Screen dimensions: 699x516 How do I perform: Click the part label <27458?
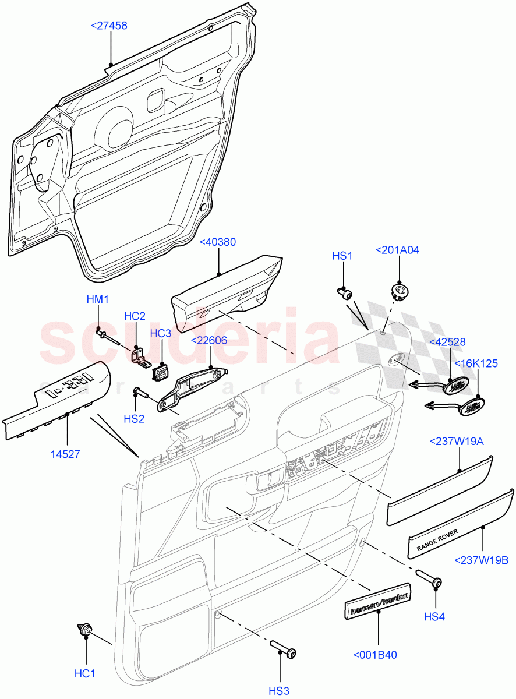point(109,26)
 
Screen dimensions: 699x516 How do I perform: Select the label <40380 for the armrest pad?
point(218,242)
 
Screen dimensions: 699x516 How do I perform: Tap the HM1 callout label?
point(98,299)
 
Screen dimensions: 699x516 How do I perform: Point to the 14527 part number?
point(67,454)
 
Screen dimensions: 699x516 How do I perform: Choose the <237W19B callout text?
point(483,560)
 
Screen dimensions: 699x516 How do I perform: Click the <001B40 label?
point(375,655)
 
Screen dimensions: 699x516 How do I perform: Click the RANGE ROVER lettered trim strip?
point(460,524)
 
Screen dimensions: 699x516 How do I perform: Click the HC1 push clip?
point(84,630)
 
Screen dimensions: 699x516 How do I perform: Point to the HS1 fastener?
point(345,293)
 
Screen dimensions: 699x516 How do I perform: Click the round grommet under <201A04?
point(399,290)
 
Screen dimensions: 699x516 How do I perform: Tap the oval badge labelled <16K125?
point(473,407)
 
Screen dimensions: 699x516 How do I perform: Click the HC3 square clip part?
point(160,371)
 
